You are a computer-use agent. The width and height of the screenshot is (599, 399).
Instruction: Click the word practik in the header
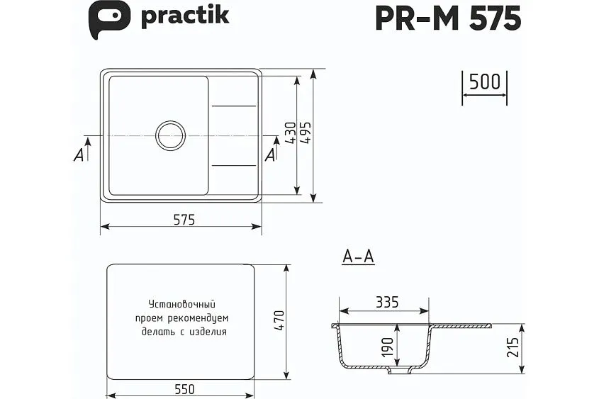[x=184, y=16]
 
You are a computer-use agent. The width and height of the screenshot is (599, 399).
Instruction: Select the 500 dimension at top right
[x=485, y=82]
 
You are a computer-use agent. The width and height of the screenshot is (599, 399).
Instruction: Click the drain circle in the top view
[x=171, y=135]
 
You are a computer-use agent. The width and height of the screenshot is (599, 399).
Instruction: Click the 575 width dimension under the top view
[x=183, y=220]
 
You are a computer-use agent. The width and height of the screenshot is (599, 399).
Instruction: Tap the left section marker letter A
[x=79, y=155]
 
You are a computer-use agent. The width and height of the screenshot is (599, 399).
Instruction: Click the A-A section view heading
[x=358, y=257]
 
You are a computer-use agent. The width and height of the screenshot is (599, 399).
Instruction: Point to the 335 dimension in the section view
[x=387, y=303]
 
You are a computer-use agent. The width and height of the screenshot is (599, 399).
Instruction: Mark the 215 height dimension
[x=514, y=348]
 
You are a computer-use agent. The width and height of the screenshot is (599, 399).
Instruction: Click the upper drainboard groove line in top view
[x=234, y=106]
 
